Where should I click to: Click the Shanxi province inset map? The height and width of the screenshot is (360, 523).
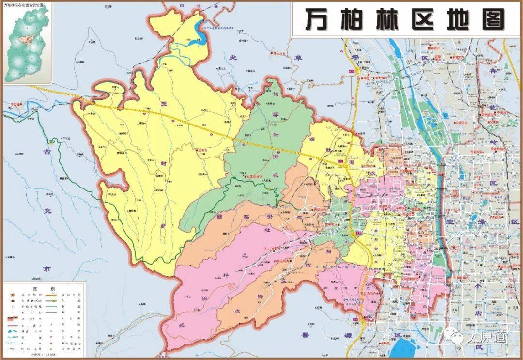[x=28, y=44]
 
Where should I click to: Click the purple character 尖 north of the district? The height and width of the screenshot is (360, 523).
[x=233, y=58]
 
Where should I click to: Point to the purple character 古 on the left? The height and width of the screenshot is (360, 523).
[x=47, y=152]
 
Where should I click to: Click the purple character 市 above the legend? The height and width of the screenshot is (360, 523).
[x=46, y=268]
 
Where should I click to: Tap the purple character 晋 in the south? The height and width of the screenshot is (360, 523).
[x=305, y=335]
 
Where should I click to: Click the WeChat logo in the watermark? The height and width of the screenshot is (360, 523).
[x=455, y=337]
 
